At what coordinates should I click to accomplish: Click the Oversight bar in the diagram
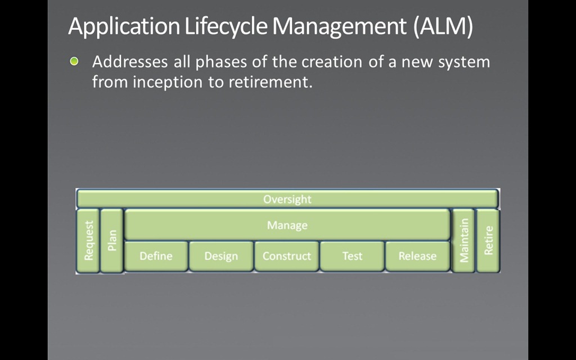(x=287, y=199)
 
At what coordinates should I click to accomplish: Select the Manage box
(x=287, y=225)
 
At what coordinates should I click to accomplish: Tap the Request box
(x=88, y=241)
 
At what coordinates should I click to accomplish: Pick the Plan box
(x=112, y=241)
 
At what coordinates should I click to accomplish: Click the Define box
(x=156, y=256)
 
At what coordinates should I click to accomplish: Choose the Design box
(x=221, y=256)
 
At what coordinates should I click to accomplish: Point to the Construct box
(x=287, y=256)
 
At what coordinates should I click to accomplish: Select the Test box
(x=352, y=256)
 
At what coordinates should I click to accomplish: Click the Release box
(x=417, y=256)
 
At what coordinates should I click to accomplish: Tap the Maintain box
(x=463, y=241)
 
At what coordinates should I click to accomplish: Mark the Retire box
(x=488, y=241)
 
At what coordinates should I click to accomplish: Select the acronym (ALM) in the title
(x=443, y=27)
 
